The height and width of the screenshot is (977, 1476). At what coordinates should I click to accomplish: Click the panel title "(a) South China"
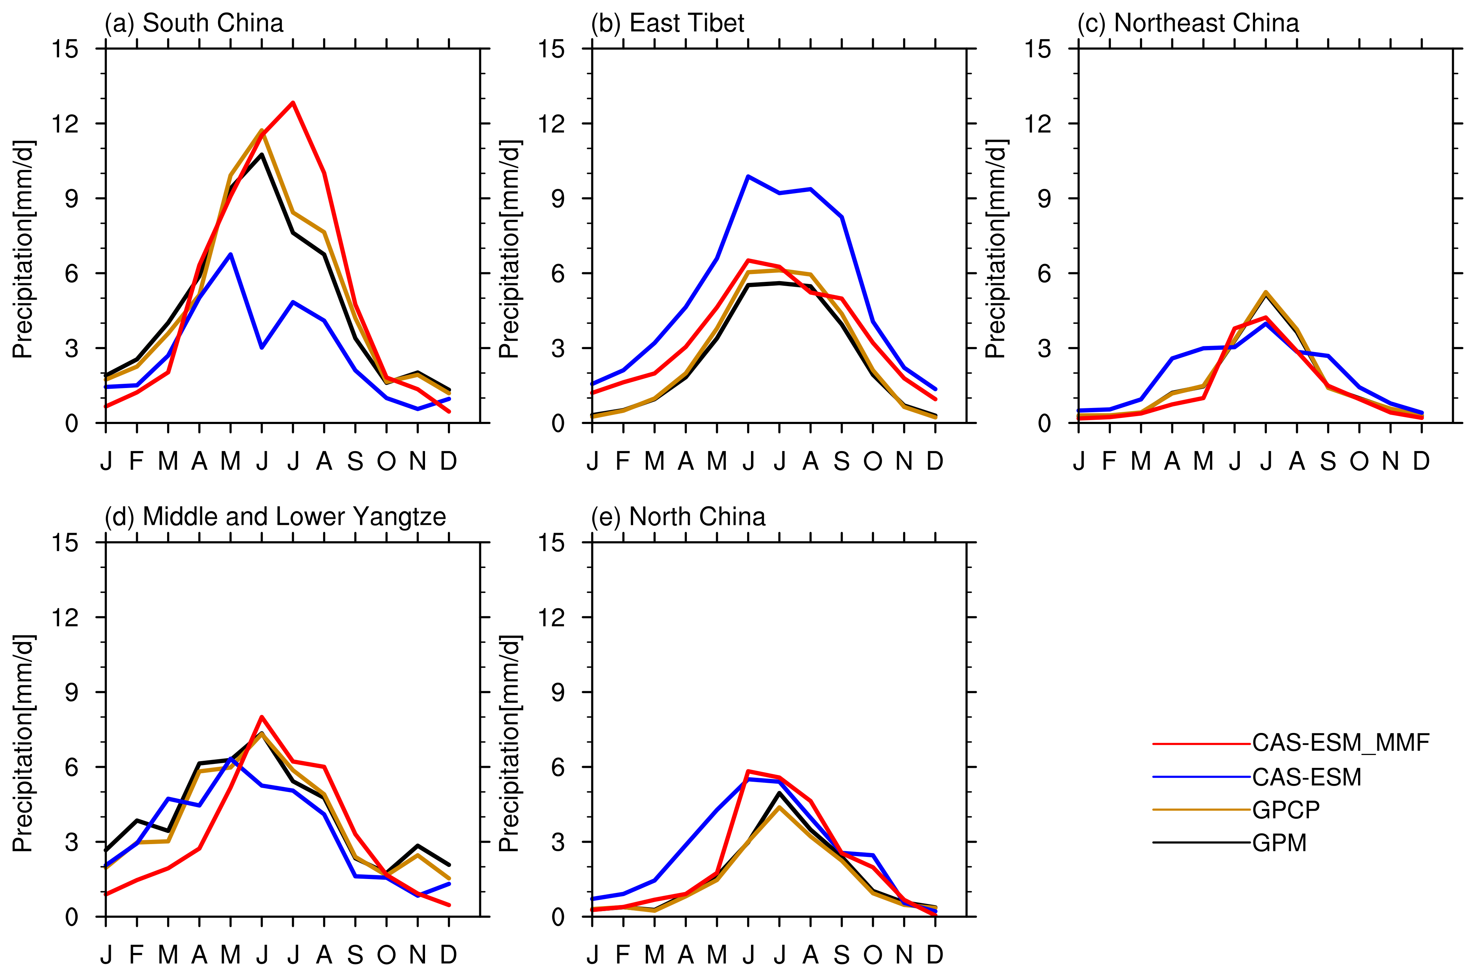[194, 24]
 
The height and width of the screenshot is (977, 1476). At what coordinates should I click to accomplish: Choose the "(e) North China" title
[678, 517]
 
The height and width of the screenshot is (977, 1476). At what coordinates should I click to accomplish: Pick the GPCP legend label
[1285, 810]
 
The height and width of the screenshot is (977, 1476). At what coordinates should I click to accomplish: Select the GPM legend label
[1279, 843]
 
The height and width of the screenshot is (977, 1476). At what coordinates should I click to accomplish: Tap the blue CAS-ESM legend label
[1306, 777]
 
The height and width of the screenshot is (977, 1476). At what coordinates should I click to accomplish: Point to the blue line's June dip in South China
[262, 348]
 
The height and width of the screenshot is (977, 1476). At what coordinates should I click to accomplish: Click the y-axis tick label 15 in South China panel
[66, 48]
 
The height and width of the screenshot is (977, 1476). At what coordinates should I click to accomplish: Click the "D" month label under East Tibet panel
[934, 461]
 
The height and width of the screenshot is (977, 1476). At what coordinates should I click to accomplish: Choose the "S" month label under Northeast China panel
[1328, 461]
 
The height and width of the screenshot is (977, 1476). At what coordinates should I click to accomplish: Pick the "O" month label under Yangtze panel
[386, 955]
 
